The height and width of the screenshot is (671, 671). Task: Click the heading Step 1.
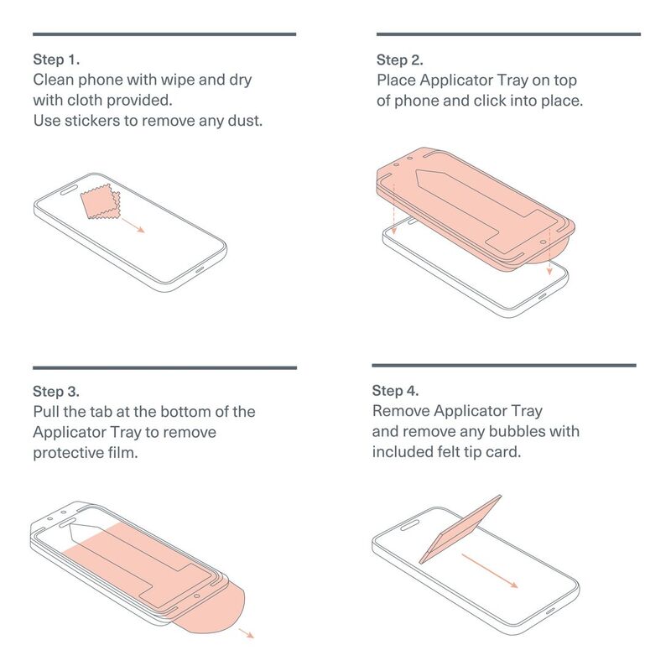pyautogui.click(x=56, y=60)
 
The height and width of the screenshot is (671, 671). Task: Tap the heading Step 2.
pyautogui.click(x=400, y=60)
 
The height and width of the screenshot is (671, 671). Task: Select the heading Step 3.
pyautogui.click(x=56, y=391)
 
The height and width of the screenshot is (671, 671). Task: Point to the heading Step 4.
pyautogui.click(x=395, y=390)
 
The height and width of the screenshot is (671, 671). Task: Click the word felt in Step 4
pyautogui.click(x=449, y=452)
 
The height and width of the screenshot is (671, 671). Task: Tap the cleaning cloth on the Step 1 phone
pyautogui.click(x=101, y=201)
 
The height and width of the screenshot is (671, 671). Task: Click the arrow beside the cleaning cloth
pyautogui.click(x=133, y=226)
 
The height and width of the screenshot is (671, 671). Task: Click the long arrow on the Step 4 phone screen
pyautogui.click(x=490, y=571)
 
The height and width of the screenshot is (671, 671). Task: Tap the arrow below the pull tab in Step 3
pyautogui.click(x=247, y=633)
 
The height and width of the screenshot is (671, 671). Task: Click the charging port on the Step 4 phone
pyautogui.click(x=550, y=611)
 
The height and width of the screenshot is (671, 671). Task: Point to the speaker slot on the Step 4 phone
pyautogui.click(x=409, y=525)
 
